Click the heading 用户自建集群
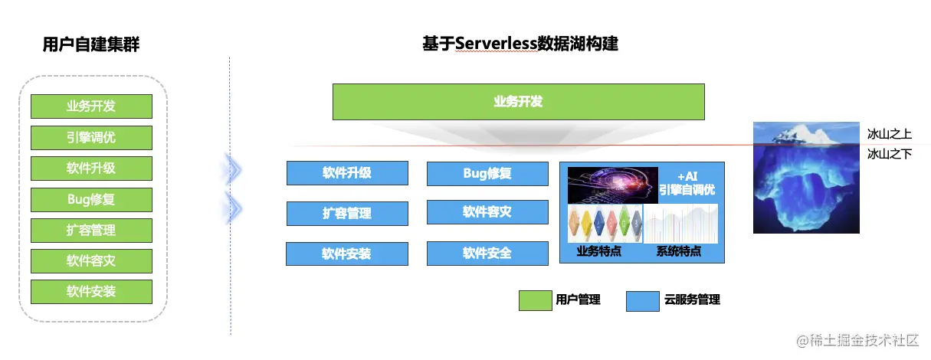coord(91,45)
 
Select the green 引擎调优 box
coord(91,138)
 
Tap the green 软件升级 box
coord(91,169)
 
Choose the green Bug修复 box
coord(91,200)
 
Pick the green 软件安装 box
coord(91,292)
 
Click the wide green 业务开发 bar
coord(518,102)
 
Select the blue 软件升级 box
coord(346,173)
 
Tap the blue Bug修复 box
coord(487,174)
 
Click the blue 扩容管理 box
coord(346,214)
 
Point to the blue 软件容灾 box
coord(487,212)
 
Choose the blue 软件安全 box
coord(487,254)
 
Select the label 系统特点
coord(679,251)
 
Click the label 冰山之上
coord(889,134)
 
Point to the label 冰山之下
coord(889,154)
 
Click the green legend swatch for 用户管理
coord(535,300)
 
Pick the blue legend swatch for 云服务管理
coord(642,300)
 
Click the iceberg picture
coord(805,177)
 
